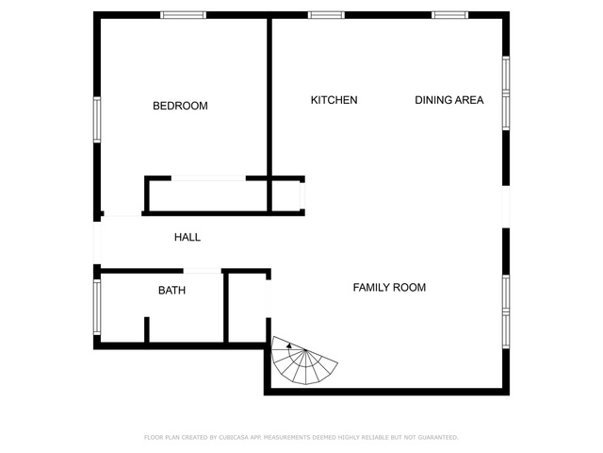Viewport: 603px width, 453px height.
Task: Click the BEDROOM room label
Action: pos(180,106)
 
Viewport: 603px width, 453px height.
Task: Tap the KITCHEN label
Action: pos(334,100)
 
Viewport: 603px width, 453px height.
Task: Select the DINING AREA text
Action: pos(448,100)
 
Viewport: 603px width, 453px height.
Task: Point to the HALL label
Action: pos(187,237)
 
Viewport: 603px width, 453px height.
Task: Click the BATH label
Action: pos(171,290)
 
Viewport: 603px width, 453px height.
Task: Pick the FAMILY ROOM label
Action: pos(389,287)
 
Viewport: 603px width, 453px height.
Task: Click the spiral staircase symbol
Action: pos(303,361)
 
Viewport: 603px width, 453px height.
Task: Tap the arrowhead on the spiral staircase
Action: pos(289,345)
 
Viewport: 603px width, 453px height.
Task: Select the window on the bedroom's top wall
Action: pos(183,15)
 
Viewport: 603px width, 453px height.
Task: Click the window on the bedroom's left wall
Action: pos(97,120)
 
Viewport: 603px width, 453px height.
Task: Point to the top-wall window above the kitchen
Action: pos(326,15)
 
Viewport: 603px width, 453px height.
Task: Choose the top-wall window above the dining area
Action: pos(449,15)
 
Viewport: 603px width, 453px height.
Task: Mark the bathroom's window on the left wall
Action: pos(97,307)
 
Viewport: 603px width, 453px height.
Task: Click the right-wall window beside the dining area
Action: pos(506,93)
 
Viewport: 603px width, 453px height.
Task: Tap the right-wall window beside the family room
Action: pos(506,311)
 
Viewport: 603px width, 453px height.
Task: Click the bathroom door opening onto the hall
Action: pos(203,271)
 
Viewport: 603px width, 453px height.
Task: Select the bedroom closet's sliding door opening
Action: pos(208,178)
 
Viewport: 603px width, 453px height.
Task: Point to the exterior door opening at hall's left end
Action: pos(97,243)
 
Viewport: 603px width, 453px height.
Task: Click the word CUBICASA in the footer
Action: pos(233,437)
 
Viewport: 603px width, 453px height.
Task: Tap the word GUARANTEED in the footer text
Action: pos(438,437)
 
